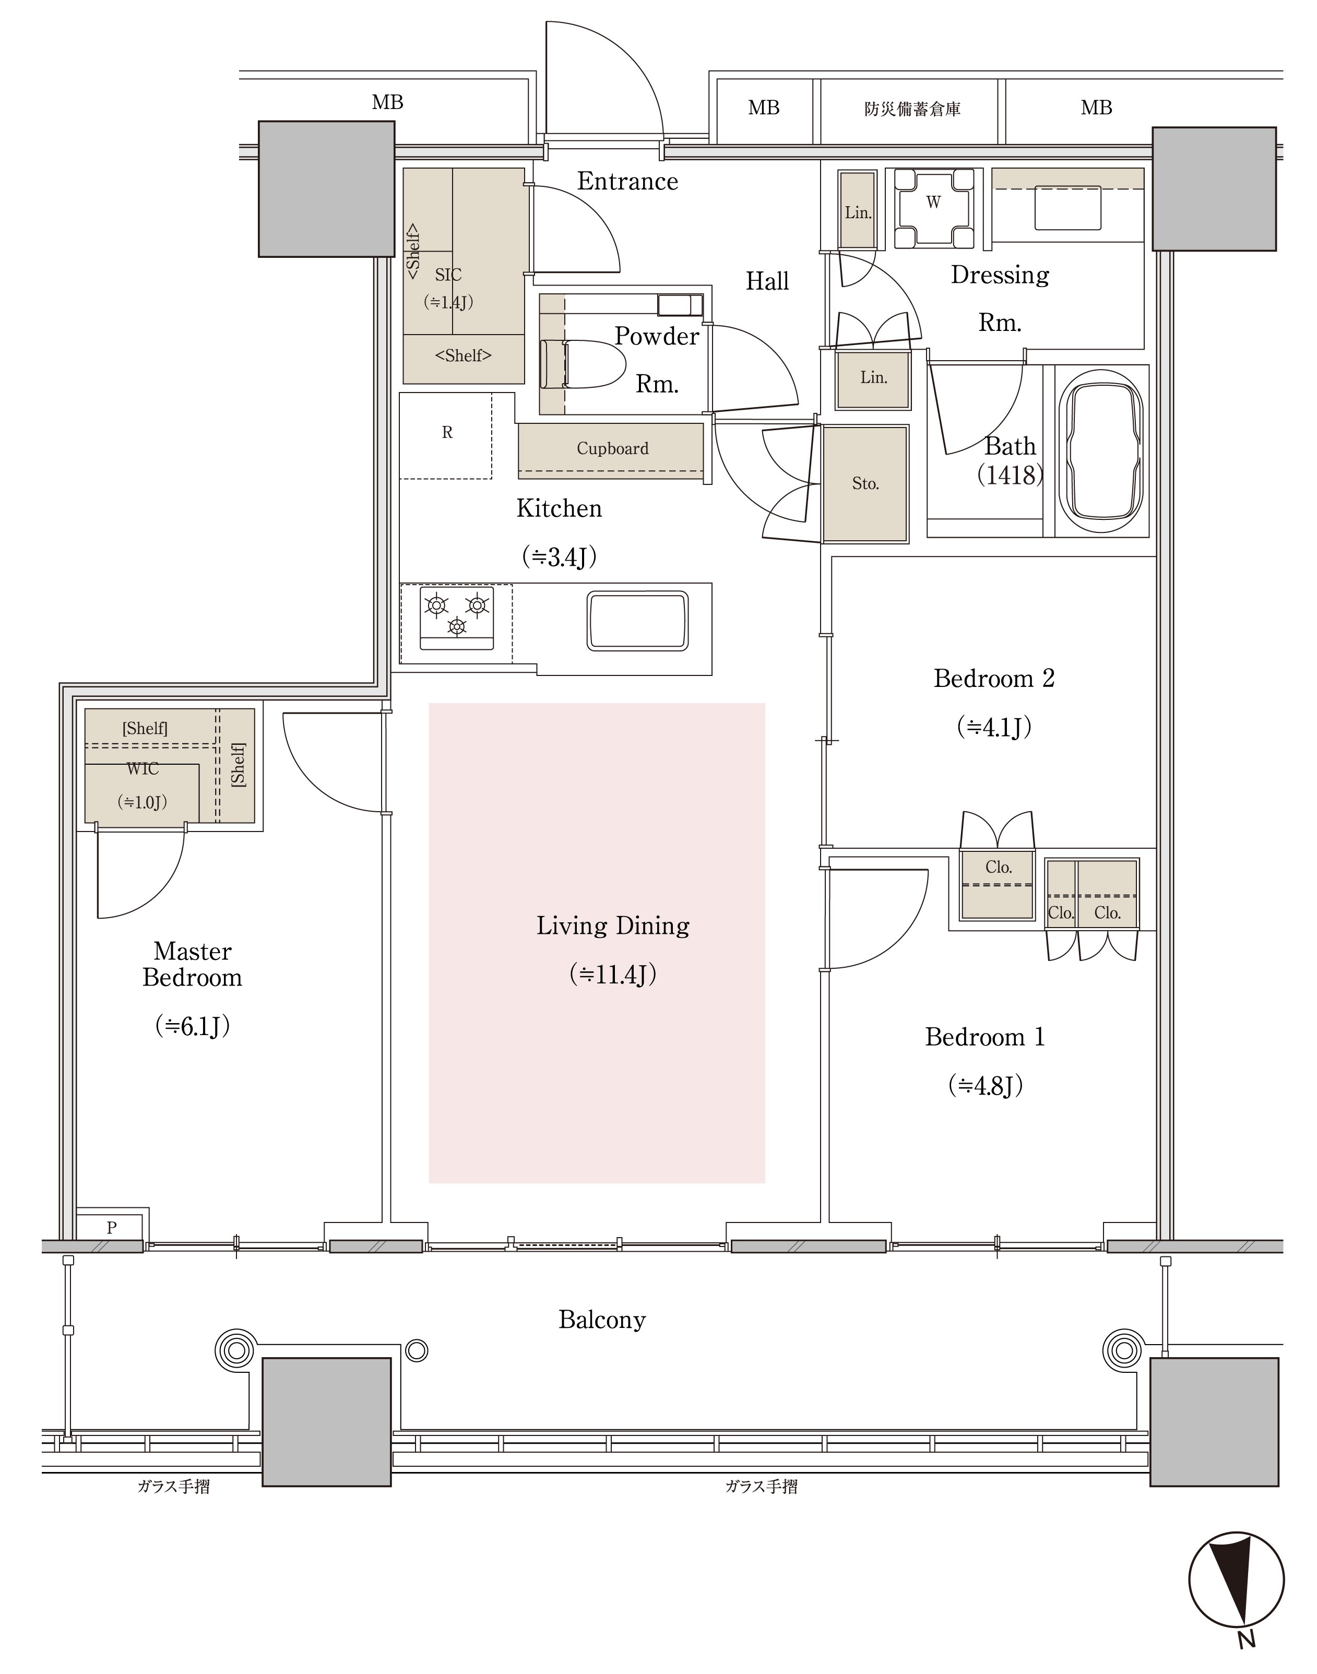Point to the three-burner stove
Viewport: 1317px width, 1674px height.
456,617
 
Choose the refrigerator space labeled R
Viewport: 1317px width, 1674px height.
446,436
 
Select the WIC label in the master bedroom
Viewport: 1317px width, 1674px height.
143,769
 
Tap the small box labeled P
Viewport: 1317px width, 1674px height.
111,1228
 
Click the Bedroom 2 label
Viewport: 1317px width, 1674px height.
994,679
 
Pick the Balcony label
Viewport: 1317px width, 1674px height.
602,1320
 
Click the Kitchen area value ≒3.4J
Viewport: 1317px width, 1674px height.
559,557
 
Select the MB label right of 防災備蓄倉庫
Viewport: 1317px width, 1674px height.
1097,108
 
